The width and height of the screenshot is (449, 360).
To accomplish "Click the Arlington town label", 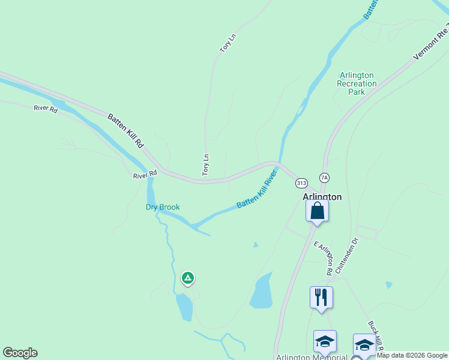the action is click(321, 197).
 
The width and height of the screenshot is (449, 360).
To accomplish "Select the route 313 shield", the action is click(301, 182).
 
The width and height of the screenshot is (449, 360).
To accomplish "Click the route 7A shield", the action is click(325, 178).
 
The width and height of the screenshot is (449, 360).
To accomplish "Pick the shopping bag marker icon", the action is click(317, 211).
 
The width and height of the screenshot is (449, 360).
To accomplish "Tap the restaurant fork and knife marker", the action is click(321, 297).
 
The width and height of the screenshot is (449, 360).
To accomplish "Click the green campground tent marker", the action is click(188, 278).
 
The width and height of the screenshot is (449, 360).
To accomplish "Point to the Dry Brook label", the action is click(163, 208).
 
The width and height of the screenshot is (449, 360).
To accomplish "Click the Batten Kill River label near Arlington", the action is click(257, 190).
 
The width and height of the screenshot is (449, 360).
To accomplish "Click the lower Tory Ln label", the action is click(206, 165).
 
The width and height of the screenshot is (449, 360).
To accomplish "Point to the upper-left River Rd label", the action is click(46, 109).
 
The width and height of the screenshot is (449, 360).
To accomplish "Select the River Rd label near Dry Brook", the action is click(145, 175).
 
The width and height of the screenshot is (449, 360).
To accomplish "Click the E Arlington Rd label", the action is click(323, 257).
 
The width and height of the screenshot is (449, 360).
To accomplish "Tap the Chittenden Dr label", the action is click(348, 256).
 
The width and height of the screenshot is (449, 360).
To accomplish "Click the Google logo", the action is click(20, 353).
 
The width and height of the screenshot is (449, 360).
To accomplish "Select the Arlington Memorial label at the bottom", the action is click(312, 357).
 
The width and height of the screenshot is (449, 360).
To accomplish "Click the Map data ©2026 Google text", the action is click(412, 355).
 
